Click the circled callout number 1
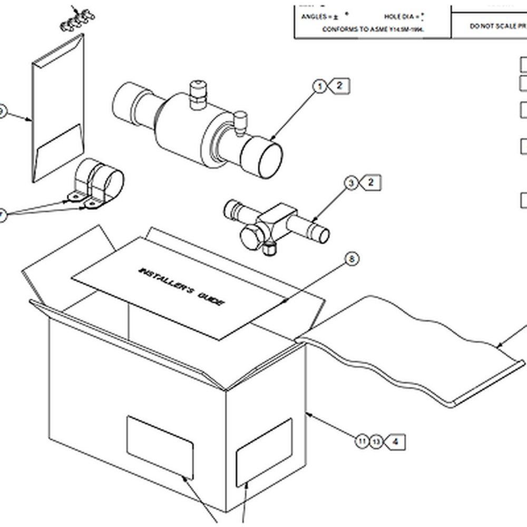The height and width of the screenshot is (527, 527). tap(319, 86)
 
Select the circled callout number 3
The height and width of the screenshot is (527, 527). tap(351, 183)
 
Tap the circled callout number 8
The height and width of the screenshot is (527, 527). tap(352, 259)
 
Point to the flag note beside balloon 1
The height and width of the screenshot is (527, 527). tap(339, 85)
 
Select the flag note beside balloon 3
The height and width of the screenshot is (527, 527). tap(370, 183)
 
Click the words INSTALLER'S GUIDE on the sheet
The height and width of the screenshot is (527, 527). tap(182, 287)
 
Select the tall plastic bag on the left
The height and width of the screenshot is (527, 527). tap(58, 108)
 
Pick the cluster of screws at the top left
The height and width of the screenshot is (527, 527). tap(77, 19)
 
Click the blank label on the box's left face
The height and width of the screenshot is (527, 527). tap(160, 447)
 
